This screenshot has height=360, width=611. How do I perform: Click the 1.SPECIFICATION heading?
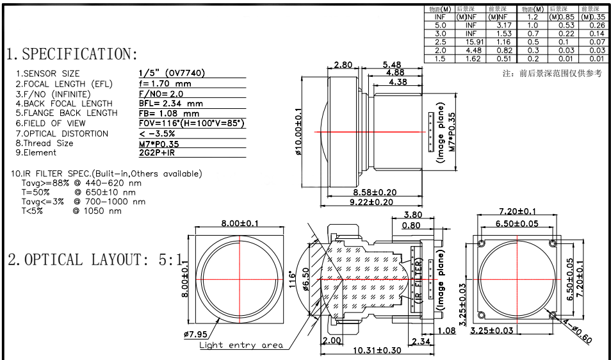point(72,54)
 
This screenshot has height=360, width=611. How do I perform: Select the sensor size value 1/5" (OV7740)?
point(172,74)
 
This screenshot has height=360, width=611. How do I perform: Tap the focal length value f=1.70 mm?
point(165,84)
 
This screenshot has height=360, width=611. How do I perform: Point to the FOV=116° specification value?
point(191,123)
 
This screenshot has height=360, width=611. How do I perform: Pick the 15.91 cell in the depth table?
point(471,42)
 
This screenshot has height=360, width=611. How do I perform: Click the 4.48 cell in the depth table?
point(471,50)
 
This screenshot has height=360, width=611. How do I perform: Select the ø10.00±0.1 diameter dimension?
point(298,132)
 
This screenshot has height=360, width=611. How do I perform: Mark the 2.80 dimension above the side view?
point(343,65)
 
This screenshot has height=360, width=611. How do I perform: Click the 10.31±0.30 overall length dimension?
point(379,350)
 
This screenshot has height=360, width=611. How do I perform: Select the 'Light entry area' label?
point(241,345)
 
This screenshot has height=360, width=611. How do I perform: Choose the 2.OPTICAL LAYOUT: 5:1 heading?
point(95,260)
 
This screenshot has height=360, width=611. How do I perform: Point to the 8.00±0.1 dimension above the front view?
point(240,223)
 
